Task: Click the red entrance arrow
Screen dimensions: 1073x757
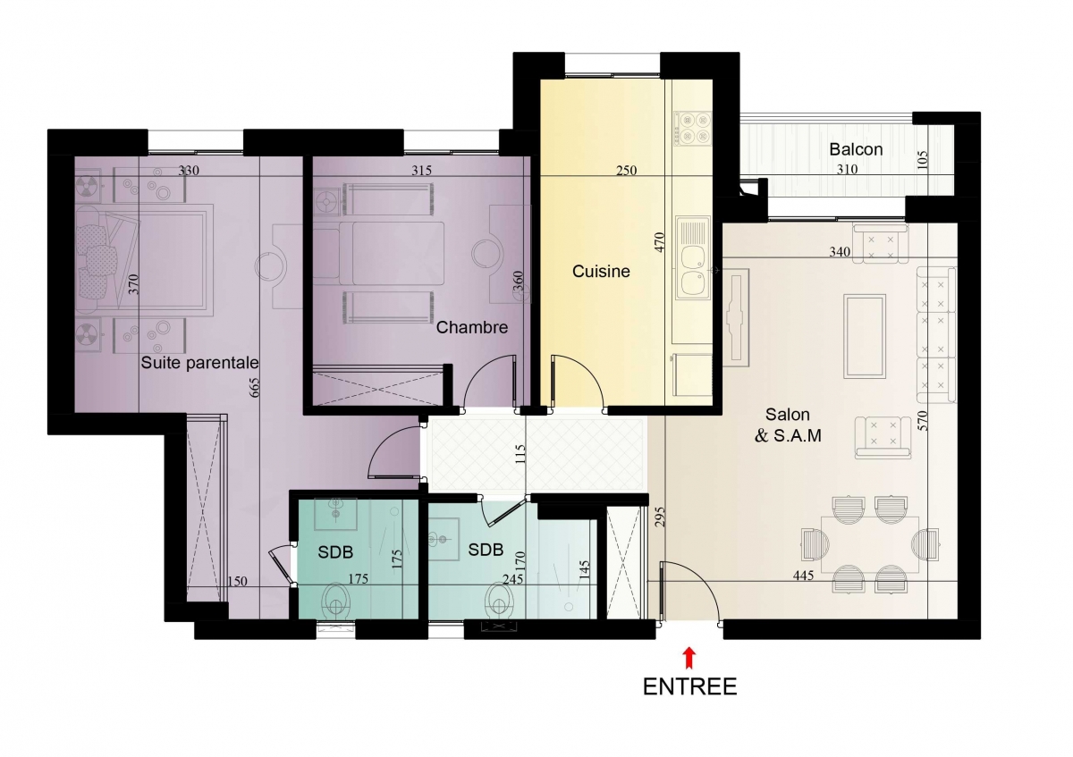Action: point(689,658)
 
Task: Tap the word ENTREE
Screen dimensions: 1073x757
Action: point(689,686)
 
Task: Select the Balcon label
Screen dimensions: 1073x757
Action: point(856,149)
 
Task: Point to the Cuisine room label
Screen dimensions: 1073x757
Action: point(601,272)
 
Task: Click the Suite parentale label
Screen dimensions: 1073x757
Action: point(199,363)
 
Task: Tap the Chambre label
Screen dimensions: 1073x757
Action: point(472,327)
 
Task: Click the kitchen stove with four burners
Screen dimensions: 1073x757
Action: point(693,129)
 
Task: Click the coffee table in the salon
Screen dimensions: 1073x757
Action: point(864,336)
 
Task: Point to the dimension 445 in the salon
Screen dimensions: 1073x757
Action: point(803,575)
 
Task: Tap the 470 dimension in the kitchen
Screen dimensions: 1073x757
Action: point(660,242)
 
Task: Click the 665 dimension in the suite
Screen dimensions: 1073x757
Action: point(254,387)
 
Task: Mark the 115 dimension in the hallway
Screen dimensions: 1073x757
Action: point(520,454)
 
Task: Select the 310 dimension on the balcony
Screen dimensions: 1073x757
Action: point(847,169)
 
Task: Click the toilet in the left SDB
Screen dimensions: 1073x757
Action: point(334,601)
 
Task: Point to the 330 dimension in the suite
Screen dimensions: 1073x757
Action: point(189,171)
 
